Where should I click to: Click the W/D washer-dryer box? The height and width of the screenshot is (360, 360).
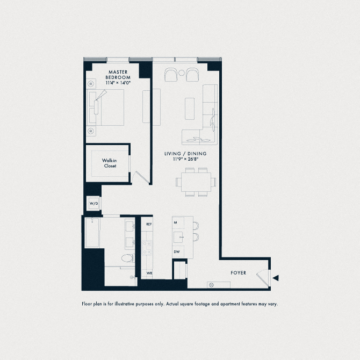93,204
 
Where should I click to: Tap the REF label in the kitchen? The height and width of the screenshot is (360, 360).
149,224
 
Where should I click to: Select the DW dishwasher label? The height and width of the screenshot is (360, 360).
176,251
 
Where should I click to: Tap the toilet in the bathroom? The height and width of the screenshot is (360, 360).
127,259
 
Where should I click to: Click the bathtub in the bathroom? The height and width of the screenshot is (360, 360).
92,232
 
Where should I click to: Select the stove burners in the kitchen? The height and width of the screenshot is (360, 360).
146,247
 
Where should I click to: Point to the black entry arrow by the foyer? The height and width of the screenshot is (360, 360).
276,278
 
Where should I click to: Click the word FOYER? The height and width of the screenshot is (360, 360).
238,273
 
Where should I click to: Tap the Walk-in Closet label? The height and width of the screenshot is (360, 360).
110,163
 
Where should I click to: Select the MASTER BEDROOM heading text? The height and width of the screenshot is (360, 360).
117,74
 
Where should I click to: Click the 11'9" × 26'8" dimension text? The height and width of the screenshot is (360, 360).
185,159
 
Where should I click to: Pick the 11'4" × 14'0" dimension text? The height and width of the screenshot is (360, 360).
117,83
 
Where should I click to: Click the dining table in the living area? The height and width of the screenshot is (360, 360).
195,182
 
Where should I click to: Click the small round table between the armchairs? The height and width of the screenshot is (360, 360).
182,73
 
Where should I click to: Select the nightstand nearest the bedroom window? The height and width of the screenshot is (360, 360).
90,84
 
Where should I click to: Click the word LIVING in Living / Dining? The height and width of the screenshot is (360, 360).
173,154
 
